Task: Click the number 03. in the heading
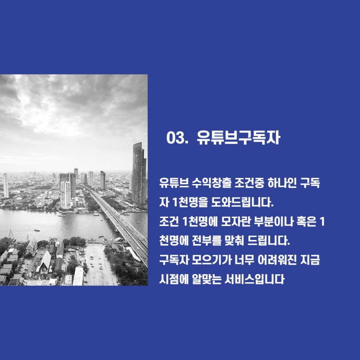176,138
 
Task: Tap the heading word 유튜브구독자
238,138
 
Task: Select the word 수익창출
212,183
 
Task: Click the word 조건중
249,183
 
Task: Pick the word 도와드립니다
242,202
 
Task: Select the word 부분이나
274,222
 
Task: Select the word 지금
310,260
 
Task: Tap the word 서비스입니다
254,279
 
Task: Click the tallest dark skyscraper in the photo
139,173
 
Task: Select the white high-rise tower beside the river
66,195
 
